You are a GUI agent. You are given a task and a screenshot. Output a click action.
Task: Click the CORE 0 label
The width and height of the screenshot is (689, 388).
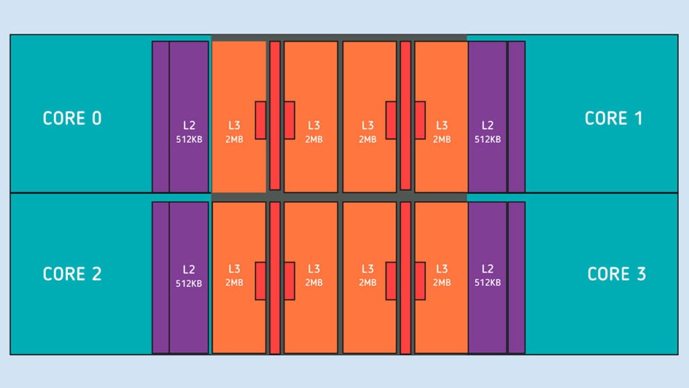(72, 119)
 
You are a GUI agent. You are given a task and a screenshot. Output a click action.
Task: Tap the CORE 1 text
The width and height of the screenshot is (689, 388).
(614, 119)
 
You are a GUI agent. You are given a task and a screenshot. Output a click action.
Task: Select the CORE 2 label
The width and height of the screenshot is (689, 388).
(72, 274)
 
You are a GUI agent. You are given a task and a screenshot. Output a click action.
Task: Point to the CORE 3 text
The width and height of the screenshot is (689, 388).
(616, 274)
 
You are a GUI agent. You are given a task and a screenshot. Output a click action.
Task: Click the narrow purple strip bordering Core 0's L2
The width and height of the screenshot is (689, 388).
(160, 117)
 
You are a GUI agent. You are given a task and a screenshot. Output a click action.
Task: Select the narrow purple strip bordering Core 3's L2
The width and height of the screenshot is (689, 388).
(516, 278)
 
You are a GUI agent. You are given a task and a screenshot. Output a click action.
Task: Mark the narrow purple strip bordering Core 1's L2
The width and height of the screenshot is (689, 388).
(516, 117)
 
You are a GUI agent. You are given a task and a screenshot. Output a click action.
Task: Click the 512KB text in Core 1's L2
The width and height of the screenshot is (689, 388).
(487, 139)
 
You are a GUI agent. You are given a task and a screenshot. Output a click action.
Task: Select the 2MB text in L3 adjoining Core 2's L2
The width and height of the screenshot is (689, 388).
(234, 283)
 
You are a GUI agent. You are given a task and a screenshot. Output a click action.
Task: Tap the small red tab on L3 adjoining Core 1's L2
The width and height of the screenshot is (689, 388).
(420, 120)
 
